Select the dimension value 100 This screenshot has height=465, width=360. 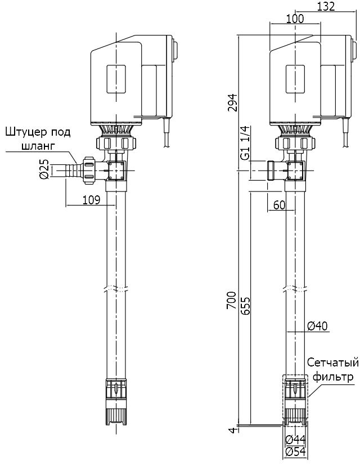point(294,19)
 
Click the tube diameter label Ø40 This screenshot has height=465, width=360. point(318,325)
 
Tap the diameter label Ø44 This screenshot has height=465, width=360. point(295,439)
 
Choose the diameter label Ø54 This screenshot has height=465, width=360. point(295,451)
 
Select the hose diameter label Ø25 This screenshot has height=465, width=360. point(44,169)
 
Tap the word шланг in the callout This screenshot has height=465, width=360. point(38,146)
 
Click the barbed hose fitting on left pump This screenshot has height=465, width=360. point(70,169)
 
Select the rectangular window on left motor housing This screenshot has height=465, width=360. point(116,79)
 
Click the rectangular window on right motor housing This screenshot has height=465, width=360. point(295,79)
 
